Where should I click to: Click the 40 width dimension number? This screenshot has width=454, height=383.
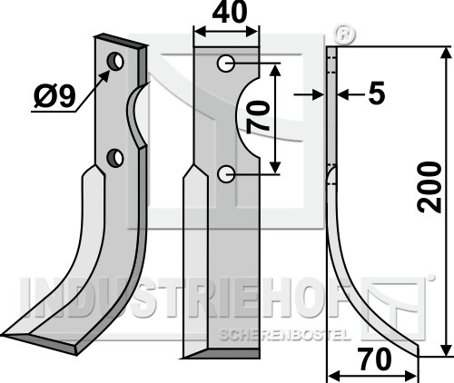point(230,13)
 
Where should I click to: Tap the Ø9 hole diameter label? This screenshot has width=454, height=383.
point(54,96)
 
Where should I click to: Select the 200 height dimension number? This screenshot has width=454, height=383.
point(429,187)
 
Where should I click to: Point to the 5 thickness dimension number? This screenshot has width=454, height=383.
point(377,93)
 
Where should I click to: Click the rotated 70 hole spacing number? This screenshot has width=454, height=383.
point(258,117)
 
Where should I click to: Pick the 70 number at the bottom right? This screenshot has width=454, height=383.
point(374,359)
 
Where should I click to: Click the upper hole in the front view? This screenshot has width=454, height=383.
point(225,64)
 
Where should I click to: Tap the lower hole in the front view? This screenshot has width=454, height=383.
point(226,174)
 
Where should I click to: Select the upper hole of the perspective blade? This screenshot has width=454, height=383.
point(115,62)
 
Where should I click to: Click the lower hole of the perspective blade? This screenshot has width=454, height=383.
point(115,158)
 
